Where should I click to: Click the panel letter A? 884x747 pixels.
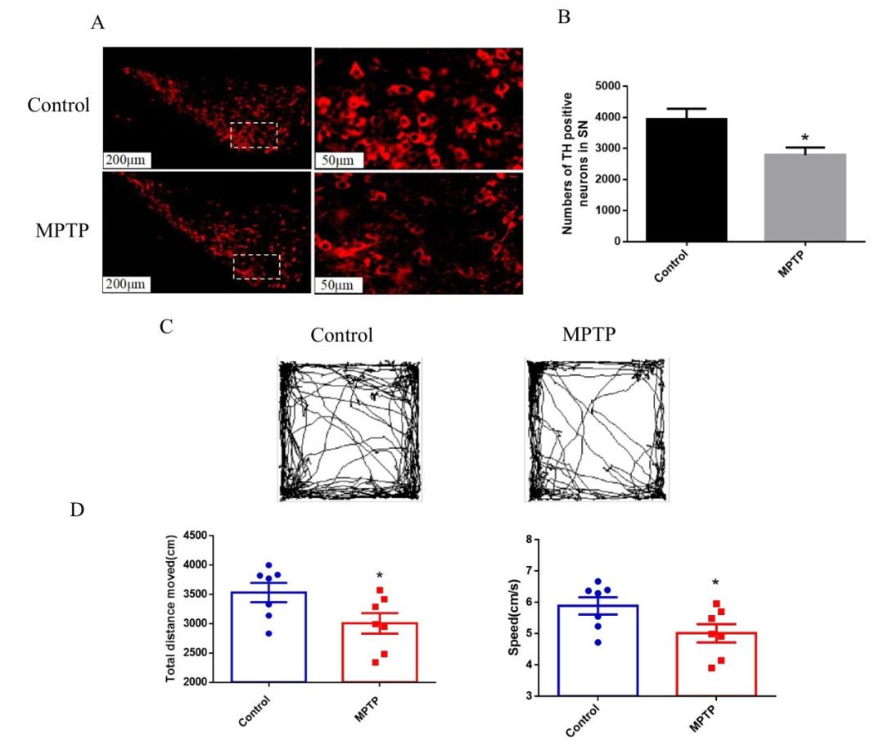pos(98,23)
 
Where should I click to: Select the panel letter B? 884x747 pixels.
pos(564,17)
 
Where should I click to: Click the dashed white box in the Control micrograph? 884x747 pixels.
pos(255,135)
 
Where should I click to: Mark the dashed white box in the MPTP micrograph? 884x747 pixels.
pos(256,266)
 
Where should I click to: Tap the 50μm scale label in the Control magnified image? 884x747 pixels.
pos(336,160)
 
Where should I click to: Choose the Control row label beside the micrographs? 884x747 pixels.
pos(58,106)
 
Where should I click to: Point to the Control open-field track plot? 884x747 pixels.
pos(350,429)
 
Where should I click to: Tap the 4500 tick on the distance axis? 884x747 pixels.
pos(193,536)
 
